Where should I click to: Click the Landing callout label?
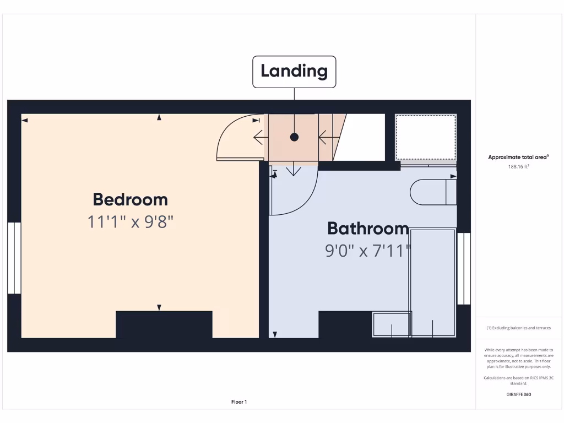[x=294, y=71]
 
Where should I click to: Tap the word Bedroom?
[x=130, y=199]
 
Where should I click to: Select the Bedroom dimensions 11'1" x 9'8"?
[x=131, y=222]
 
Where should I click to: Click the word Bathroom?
[x=368, y=228]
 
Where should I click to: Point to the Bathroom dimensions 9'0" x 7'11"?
[x=368, y=251]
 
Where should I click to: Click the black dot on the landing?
[x=294, y=137]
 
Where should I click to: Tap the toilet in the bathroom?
[x=433, y=192]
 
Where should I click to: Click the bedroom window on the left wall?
[x=14, y=258]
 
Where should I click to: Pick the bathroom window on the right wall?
[x=464, y=268]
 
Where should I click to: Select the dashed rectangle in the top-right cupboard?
[x=426, y=137]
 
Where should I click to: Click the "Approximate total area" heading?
[x=518, y=158]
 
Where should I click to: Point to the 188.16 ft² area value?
[x=518, y=166]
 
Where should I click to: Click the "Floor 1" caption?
[x=239, y=402]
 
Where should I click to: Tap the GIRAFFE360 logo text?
[x=518, y=394]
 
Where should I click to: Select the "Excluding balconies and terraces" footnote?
[x=518, y=328]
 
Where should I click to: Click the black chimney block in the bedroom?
[x=164, y=324]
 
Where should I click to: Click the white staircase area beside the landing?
[x=361, y=137]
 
